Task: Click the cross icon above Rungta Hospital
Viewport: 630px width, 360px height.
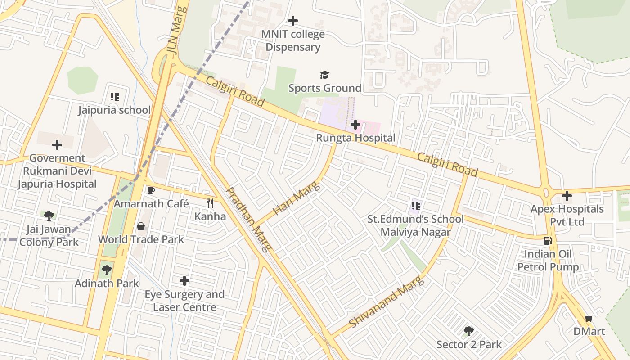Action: (x=355, y=124)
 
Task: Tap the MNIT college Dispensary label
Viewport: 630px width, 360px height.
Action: (x=293, y=40)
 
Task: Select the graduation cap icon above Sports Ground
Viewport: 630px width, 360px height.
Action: (x=324, y=75)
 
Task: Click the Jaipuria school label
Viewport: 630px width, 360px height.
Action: (x=114, y=110)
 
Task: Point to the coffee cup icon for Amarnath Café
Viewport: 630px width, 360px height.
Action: (x=151, y=190)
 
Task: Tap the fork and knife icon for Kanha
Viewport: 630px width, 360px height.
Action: (x=210, y=203)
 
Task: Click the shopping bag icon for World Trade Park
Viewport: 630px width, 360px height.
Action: (x=141, y=226)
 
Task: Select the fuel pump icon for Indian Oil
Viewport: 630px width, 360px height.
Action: (x=548, y=241)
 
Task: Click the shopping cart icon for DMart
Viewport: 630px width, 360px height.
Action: (x=589, y=319)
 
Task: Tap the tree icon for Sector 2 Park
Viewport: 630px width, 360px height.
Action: (x=469, y=332)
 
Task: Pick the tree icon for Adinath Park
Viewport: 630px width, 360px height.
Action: (x=107, y=270)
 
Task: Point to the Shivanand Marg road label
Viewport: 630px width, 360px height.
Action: (x=386, y=302)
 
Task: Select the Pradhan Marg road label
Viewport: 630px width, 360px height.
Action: (x=248, y=220)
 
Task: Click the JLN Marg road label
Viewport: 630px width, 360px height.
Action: (x=178, y=30)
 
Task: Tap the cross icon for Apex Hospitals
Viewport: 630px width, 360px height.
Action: (x=567, y=196)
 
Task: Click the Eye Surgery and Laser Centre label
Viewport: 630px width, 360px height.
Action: (x=184, y=301)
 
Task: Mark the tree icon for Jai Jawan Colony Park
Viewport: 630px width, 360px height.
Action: (x=49, y=216)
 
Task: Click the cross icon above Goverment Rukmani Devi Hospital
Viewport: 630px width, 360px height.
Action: (x=57, y=145)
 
